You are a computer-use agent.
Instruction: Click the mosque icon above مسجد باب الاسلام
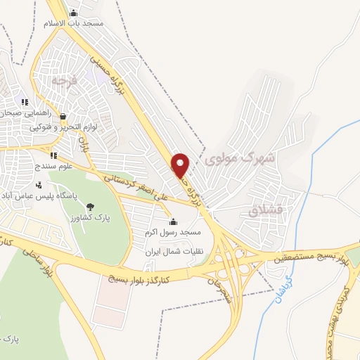pyautogui.click(x=74, y=13)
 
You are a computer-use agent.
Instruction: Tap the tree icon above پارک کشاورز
pyautogui.click(x=90, y=206)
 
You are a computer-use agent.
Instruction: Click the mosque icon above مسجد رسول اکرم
pyautogui.click(x=173, y=221)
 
